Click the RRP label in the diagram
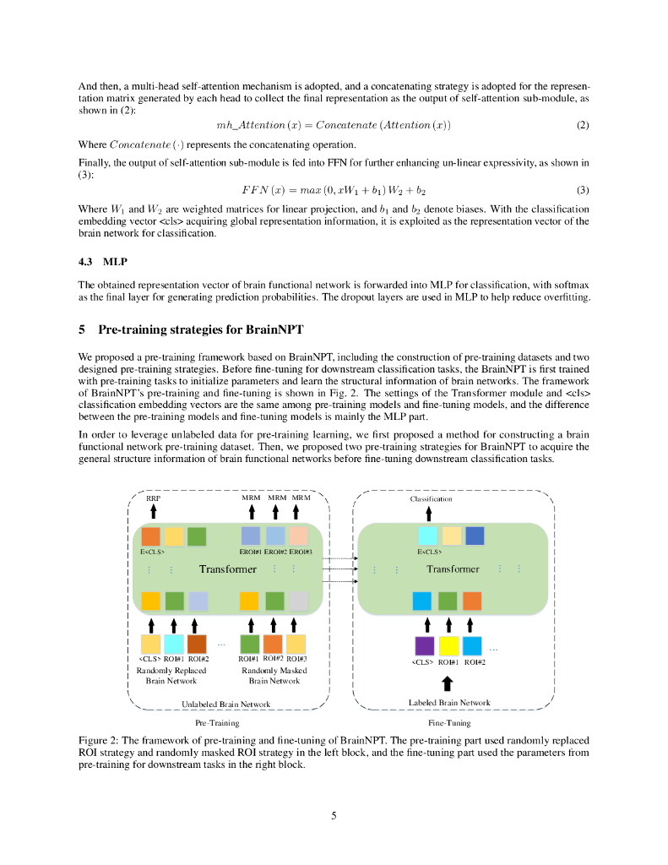pyautogui.click(x=153, y=498)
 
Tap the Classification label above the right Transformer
pyautogui.click(x=431, y=498)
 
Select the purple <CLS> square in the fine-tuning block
pyautogui.click(x=425, y=646)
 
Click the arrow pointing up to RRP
pyautogui.click(x=153, y=512)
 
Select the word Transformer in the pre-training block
pyautogui.click(x=228, y=569)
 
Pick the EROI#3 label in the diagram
pyautogui.click(x=301, y=552)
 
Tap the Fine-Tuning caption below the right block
pyautogui.click(x=449, y=723)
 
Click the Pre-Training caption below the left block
pyautogui.click(x=217, y=723)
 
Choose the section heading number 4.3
pyautogui.click(x=88, y=261)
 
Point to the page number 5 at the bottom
pyautogui.click(x=334, y=815)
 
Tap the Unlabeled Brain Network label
pyautogui.click(x=226, y=703)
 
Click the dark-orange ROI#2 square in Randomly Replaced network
pyautogui.click(x=198, y=643)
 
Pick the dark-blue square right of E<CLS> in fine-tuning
pyautogui.click(x=475, y=536)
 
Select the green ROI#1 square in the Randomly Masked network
pyautogui.click(x=250, y=643)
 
